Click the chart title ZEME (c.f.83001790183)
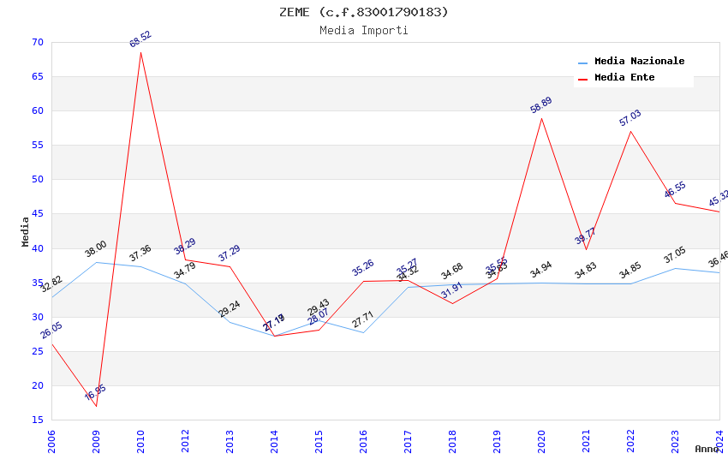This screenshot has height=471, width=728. click(363, 12)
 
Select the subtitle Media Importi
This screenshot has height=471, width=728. click(363, 30)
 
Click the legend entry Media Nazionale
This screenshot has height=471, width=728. click(639, 62)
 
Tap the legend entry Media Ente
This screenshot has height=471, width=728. click(624, 78)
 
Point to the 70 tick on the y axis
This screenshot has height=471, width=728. click(36, 42)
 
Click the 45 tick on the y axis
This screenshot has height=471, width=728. click(36, 213)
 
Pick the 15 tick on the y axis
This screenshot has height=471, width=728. click(36, 420)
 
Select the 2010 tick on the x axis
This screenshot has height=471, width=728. click(141, 441)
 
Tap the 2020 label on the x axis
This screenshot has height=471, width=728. click(541, 441)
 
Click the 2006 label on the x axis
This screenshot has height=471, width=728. click(52, 441)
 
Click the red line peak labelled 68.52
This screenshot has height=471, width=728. click(140, 52)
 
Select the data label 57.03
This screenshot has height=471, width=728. click(630, 118)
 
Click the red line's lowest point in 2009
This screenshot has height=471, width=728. click(96, 406)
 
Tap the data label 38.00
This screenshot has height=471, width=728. click(95, 249)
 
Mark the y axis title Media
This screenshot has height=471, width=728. click(26, 231)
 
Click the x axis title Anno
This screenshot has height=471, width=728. click(706, 449)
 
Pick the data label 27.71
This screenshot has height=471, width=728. click(363, 322)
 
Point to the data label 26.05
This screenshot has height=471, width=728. click(51, 331)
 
